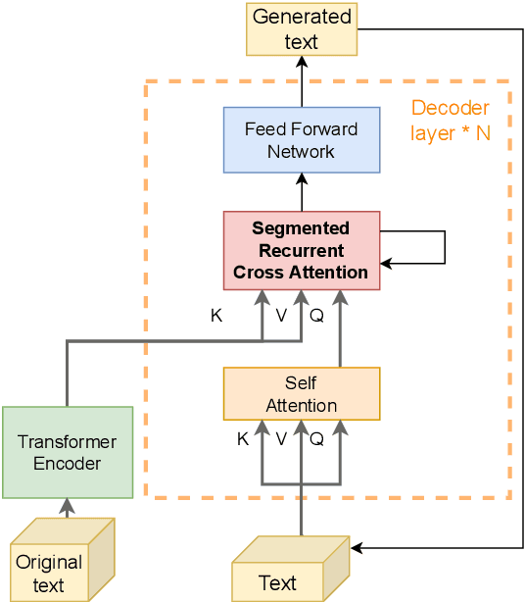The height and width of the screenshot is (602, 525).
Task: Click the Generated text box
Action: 301,29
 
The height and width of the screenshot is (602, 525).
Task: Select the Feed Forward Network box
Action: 301,140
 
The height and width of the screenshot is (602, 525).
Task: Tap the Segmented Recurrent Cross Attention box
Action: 301,250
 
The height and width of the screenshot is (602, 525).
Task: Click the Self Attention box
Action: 301,393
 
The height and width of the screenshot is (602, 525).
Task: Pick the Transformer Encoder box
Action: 67,452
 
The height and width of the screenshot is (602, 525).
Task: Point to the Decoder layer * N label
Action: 450,120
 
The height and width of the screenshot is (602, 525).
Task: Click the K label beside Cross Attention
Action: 216,316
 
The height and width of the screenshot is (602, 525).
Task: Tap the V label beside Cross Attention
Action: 281,316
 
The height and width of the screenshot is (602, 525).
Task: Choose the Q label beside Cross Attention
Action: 316,316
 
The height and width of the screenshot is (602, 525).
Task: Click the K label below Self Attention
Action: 243,439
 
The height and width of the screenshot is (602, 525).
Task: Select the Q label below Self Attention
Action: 316,439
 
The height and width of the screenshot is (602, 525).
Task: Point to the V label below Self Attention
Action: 281,439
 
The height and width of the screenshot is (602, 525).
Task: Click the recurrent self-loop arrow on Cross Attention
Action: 444,247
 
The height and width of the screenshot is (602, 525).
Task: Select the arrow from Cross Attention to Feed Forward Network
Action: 301,191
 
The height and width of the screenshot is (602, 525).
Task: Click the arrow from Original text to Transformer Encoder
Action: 67,507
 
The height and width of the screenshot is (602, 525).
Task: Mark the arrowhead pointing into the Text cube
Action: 357,548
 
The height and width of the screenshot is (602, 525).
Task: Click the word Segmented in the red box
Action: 301,228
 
